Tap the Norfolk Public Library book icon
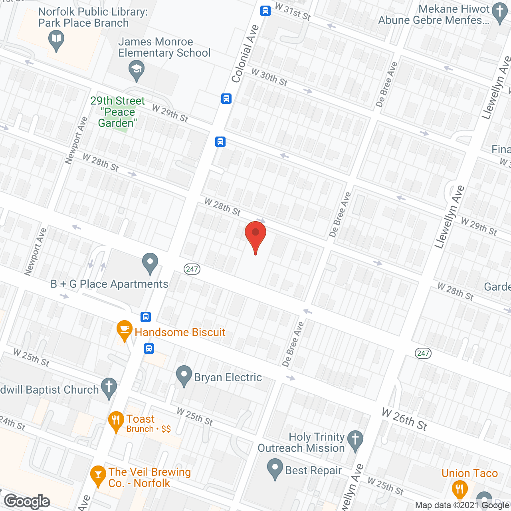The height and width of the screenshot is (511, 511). pos(56,40)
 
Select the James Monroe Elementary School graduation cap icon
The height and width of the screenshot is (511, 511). pos(137,70)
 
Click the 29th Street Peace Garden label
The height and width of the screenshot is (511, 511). pos(117,112)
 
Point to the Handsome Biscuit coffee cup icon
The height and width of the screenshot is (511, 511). pos(124,330)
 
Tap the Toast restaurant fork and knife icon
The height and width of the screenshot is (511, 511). pos(116,421)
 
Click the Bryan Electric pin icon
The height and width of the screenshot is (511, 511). pos(184,375)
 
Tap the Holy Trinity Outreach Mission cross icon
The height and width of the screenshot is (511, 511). pos(355,440)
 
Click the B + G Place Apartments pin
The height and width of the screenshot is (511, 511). pos(150,263)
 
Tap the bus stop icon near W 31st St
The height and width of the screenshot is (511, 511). pos(265,11)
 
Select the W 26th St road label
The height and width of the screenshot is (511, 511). pos(404,419)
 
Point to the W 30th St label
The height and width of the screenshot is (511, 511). pos(269,77)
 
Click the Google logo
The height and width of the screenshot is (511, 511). pos(27,501)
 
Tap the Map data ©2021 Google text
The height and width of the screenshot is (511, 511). pos(462,505)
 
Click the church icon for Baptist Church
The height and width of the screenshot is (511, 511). pos(109,388)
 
